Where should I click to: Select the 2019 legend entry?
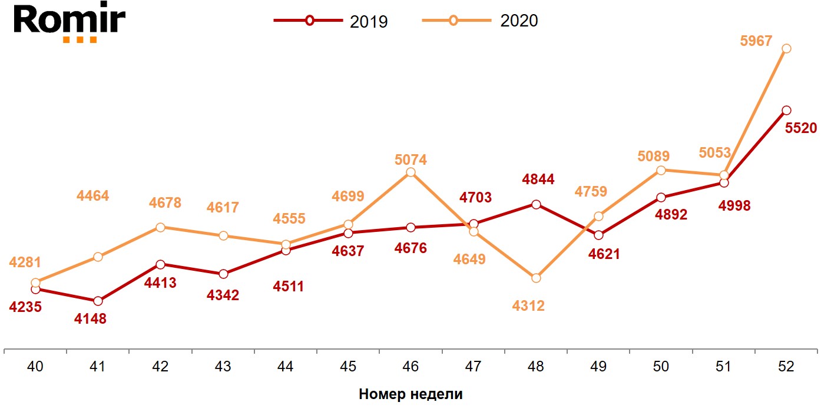(330, 21)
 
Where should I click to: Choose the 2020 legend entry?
(480, 21)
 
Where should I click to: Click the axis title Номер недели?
(410, 394)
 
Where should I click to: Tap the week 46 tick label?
(410, 366)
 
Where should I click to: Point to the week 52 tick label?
(786, 366)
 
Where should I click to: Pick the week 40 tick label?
(35, 366)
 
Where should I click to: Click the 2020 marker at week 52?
(786, 49)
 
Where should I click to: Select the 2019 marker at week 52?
(786, 110)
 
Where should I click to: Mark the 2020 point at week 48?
(536, 278)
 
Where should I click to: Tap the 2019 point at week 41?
(98, 301)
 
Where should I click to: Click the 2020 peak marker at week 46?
(410, 172)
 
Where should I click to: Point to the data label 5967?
(756, 42)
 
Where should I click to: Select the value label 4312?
(528, 306)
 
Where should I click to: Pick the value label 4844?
(538, 180)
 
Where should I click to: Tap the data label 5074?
(410, 160)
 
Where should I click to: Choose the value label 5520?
(801, 128)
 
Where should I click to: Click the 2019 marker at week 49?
(598, 235)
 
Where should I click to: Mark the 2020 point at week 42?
(160, 227)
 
